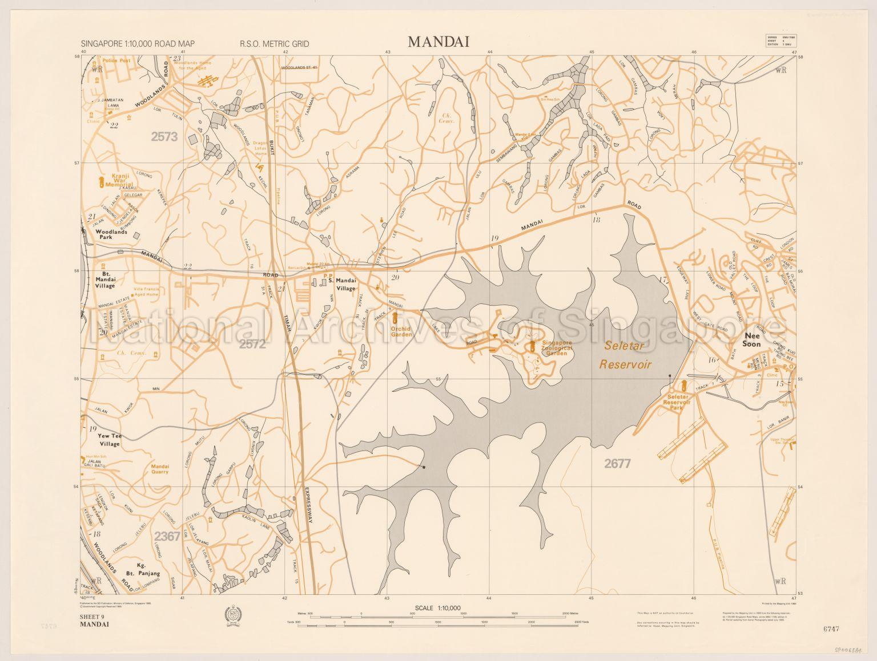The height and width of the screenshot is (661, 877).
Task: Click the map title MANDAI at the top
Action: coord(438,42)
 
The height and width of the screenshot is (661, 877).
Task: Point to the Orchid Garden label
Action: coord(401,331)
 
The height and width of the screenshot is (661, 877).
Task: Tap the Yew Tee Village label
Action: coord(110,440)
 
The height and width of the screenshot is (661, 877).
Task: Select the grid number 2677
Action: coord(617,464)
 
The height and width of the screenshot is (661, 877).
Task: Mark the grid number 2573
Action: coord(164,136)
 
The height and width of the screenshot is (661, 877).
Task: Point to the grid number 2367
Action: coord(167,536)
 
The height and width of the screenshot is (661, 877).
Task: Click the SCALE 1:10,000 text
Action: coord(438,608)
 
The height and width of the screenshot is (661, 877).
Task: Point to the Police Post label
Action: coord(116,60)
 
